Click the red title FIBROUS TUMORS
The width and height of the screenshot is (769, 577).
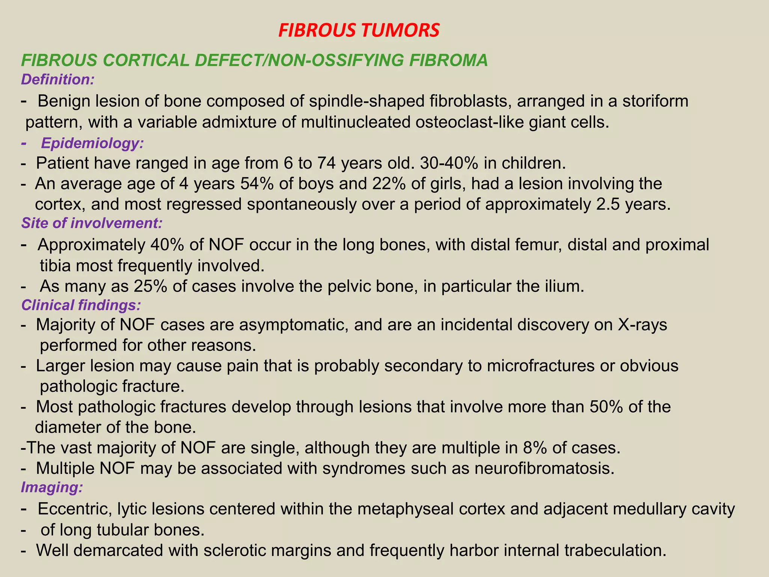359,31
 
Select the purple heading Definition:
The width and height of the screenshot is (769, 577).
57,80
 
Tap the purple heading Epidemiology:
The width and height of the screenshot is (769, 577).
92,143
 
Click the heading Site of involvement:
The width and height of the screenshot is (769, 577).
92,223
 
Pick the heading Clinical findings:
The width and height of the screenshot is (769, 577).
81,305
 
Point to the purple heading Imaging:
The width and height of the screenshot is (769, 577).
52,487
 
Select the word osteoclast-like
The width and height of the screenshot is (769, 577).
469,122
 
